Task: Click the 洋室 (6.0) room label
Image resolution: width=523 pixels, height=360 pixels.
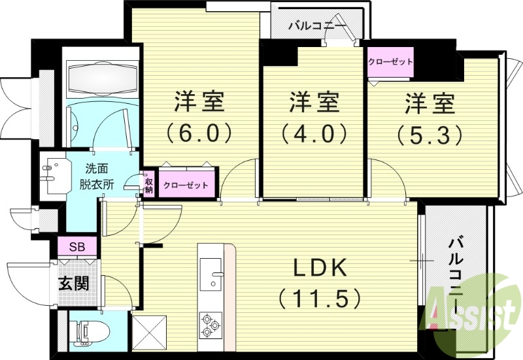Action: click(199, 118)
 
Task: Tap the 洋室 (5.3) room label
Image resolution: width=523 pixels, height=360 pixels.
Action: click(430, 118)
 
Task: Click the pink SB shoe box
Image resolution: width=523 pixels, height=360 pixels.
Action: click(77, 246)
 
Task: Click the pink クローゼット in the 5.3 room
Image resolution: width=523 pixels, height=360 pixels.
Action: click(390, 62)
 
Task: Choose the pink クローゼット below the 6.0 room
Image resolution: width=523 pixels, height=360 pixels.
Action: click(186, 185)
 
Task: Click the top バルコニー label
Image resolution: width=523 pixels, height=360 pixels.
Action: click(316, 27)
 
